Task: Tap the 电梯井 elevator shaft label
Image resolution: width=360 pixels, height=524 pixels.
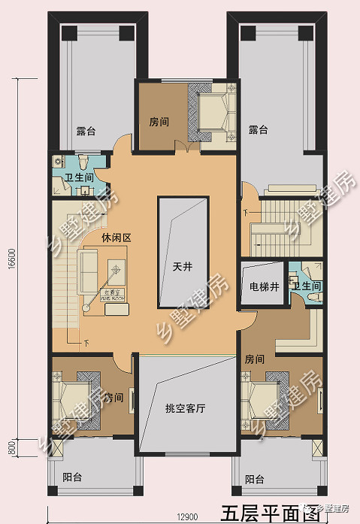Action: pos(263,286)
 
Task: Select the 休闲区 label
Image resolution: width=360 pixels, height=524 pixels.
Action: pos(116,238)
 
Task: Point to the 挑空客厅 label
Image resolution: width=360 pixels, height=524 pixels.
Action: pos(186,408)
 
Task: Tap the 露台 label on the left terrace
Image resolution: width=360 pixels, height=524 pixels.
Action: pos(86,131)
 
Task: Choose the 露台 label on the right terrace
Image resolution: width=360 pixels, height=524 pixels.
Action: pos(259,130)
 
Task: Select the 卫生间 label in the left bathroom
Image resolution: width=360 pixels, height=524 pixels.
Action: pos(78,178)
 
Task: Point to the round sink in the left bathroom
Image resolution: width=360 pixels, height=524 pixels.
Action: pos(59,161)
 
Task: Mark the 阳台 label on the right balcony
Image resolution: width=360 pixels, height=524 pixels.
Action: pos(255,479)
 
